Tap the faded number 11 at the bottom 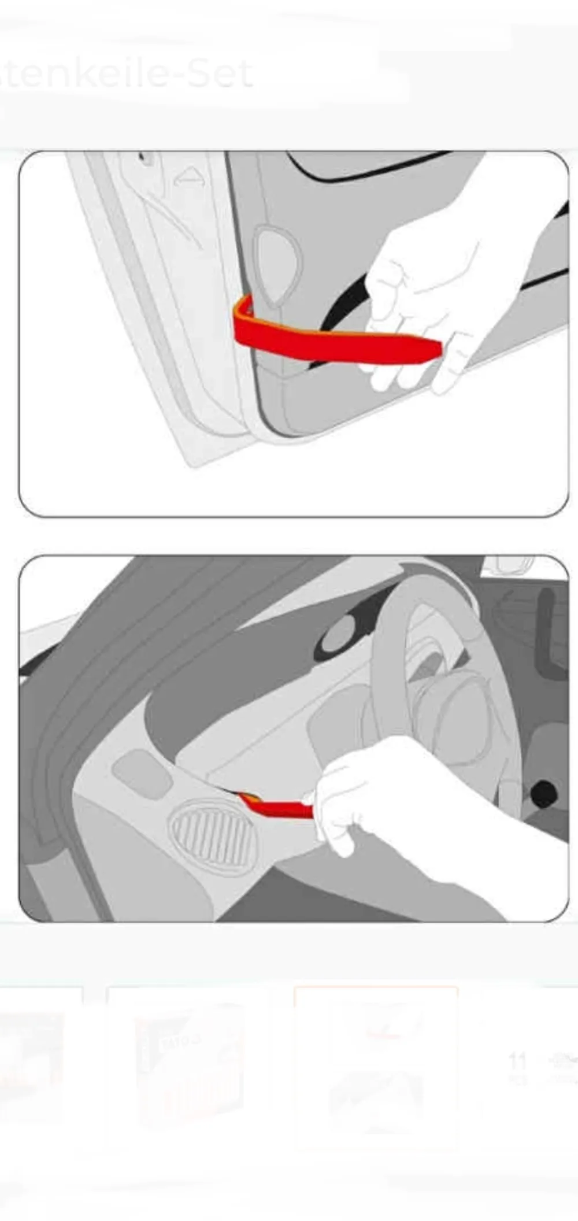pos(517,1061)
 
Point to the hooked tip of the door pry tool pos(243,306)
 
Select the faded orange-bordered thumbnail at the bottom pos(376,1064)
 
